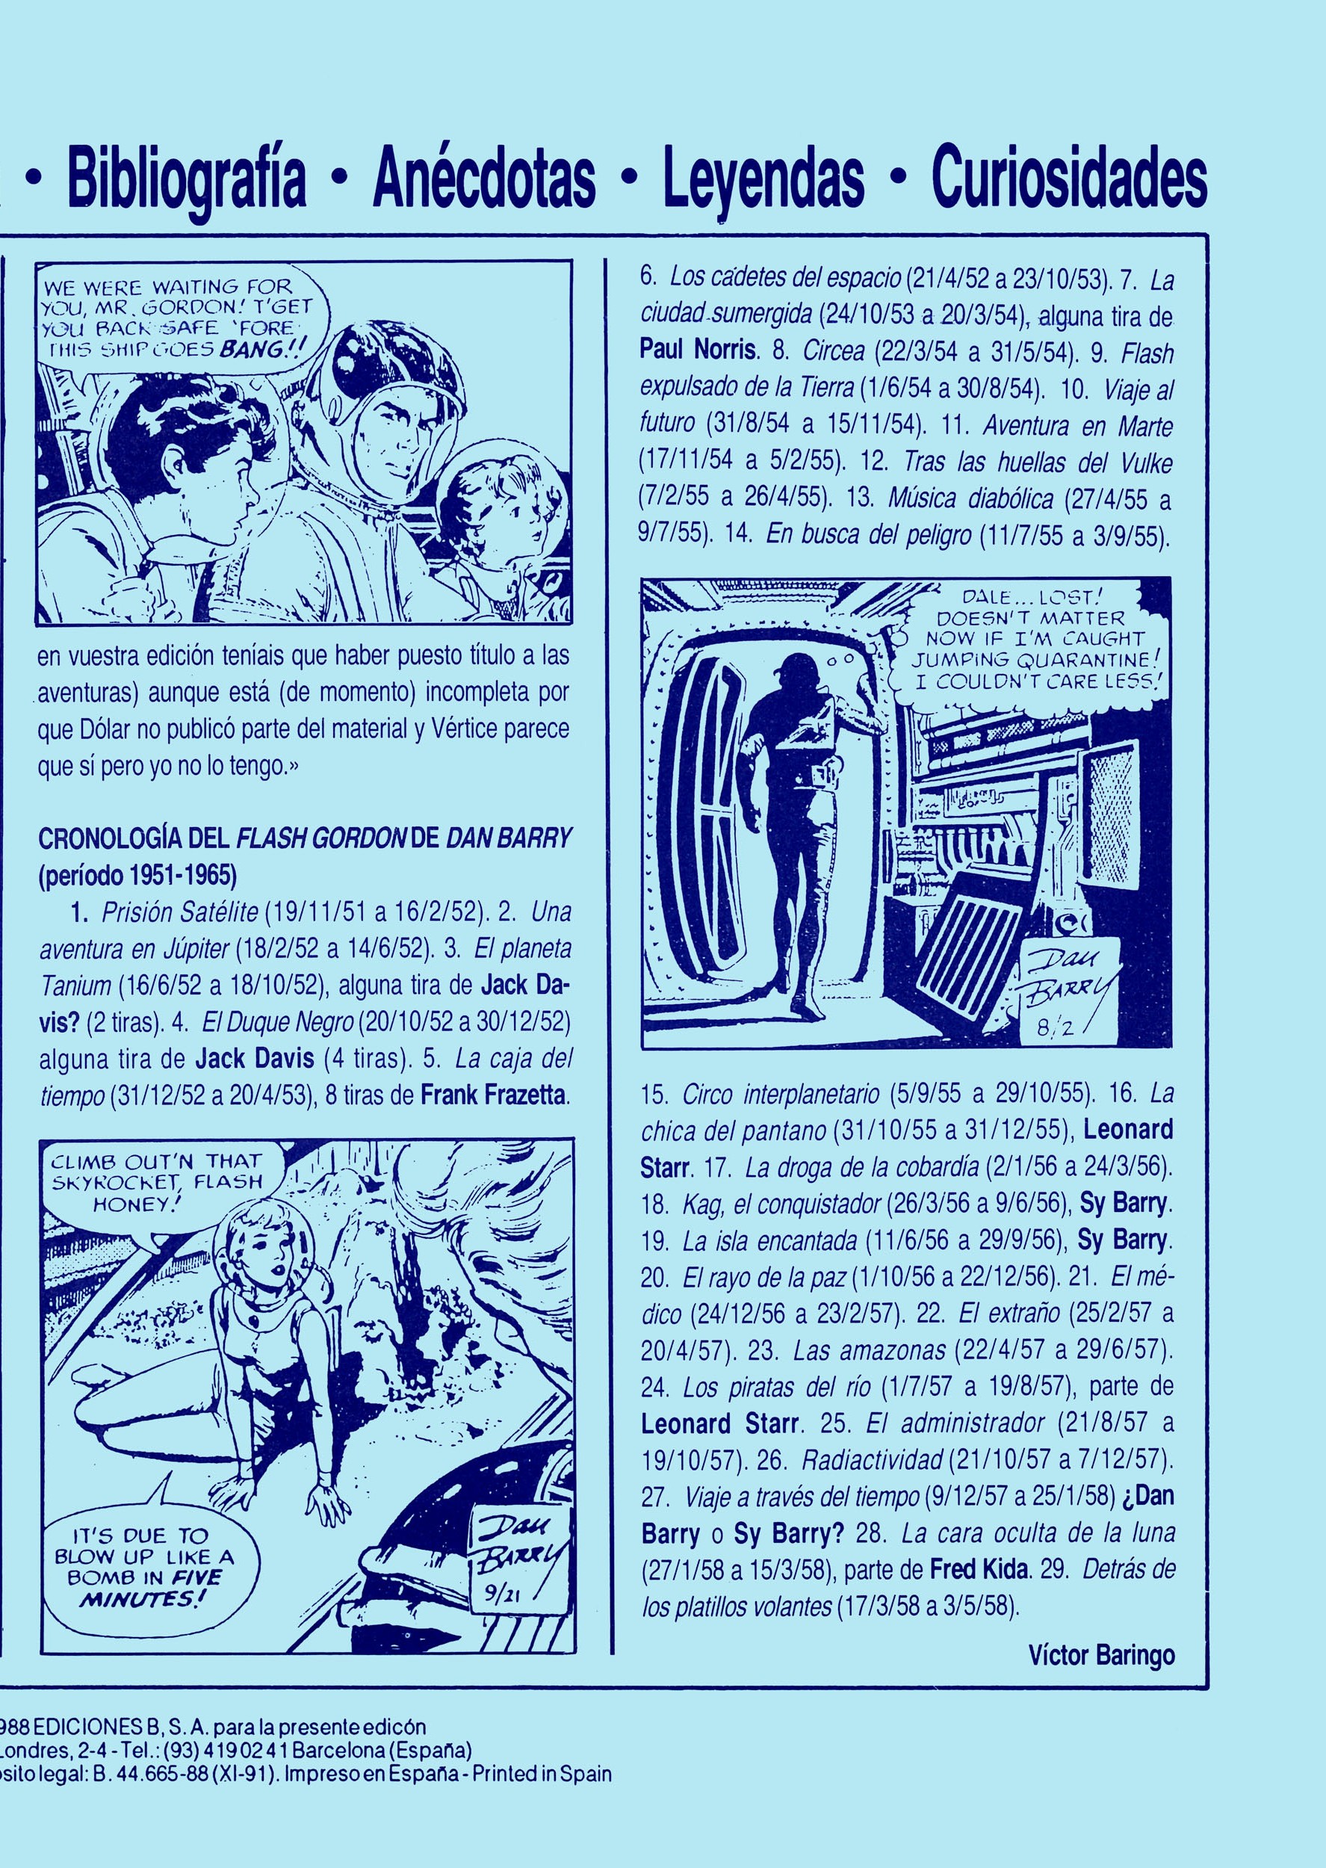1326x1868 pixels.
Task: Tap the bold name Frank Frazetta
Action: coord(493,1095)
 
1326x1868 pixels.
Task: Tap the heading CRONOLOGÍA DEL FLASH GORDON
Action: coord(303,841)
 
